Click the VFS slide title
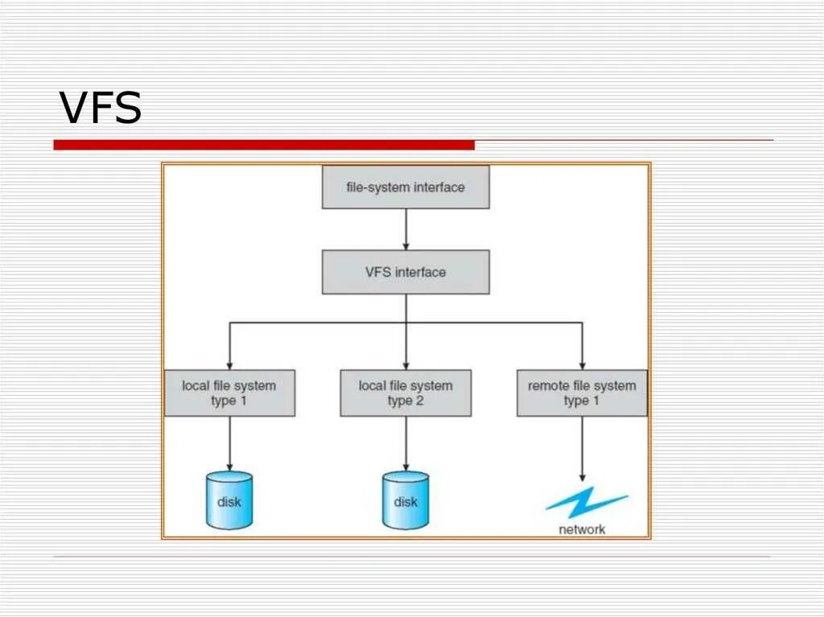[101, 108]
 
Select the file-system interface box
[406, 187]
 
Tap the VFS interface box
[406, 272]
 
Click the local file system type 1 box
[229, 393]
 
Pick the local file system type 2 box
[406, 393]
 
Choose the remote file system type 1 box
[582, 393]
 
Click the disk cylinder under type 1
[229, 500]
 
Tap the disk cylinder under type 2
[406, 500]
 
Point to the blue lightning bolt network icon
[585, 502]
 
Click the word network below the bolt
[582, 529]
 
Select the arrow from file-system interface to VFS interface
[406, 229]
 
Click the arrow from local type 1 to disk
[229, 443]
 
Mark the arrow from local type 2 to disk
[406, 443]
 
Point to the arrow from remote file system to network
[582, 448]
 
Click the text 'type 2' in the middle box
[406, 401]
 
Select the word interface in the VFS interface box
[420, 272]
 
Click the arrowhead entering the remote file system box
[582, 364]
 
